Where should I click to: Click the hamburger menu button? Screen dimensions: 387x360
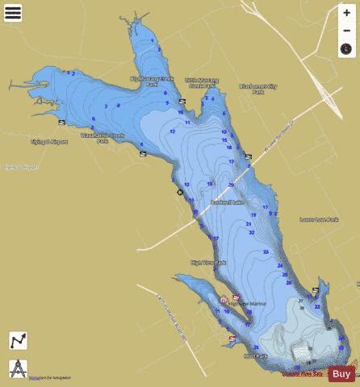tap(13, 13)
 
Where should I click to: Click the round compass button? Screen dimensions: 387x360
tap(345, 48)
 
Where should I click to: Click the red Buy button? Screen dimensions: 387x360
tap(341, 373)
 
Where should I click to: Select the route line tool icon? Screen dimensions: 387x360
tap(18, 341)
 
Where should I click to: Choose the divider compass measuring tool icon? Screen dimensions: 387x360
tap(18, 368)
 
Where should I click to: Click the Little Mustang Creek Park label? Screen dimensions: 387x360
tap(202, 84)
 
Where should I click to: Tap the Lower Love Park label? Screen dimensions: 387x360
tap(316, 218)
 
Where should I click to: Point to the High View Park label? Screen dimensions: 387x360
tap(208, 262)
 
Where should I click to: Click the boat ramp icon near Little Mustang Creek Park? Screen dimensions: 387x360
tap(182, 101)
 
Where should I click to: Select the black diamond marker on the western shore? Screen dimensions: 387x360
tap(179, 192)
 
